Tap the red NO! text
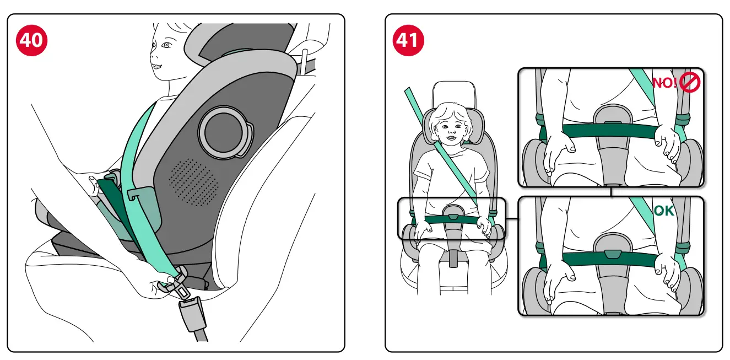coord(665,83)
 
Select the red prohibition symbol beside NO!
coord(689,83)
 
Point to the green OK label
coord(663,211)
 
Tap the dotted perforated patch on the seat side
coord(193,181)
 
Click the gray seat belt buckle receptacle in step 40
coord(192,314)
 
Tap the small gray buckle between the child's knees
coord(453,258)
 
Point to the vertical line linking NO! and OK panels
coord(610,192)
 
